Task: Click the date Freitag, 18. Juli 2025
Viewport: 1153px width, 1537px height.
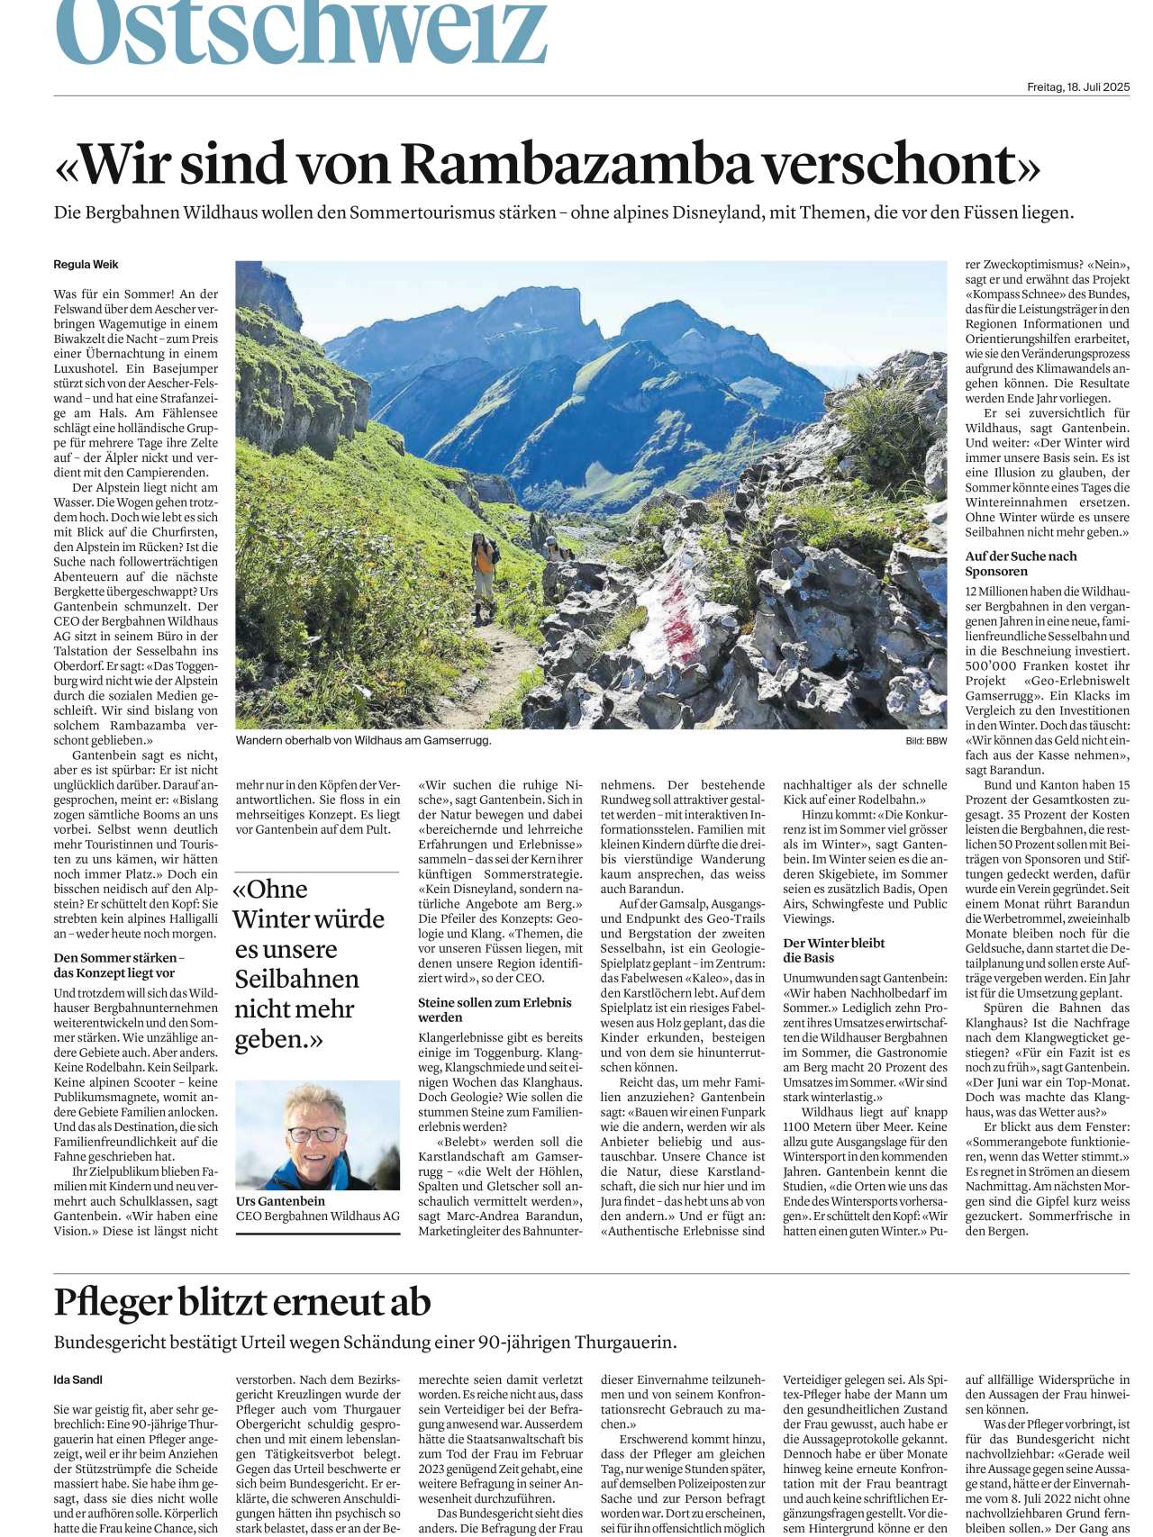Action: [x=1078, y=87]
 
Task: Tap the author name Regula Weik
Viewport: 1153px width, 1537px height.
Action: [x=86, y=265]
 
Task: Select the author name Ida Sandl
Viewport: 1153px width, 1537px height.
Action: [x=78, y=1379]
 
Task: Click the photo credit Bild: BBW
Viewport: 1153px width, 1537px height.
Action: [x=926, y=741]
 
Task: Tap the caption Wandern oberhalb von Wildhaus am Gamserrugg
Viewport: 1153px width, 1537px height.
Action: [x=363, y=740]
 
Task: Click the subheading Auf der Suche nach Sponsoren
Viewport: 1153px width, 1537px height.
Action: [x=1021, y=564]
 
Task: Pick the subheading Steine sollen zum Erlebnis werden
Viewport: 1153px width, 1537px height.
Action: [x=495, y=1009]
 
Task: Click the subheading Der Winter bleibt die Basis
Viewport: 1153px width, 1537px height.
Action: [x=833, y=950]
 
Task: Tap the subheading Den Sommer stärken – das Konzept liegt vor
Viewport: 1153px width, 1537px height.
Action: [x=120, y=965]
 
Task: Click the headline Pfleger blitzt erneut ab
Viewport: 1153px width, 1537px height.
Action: [x=242, y=1302]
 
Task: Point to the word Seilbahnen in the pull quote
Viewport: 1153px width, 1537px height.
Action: [x=296, y=979]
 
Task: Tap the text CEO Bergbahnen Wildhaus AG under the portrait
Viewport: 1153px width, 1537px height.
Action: [x=317, y=1216]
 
